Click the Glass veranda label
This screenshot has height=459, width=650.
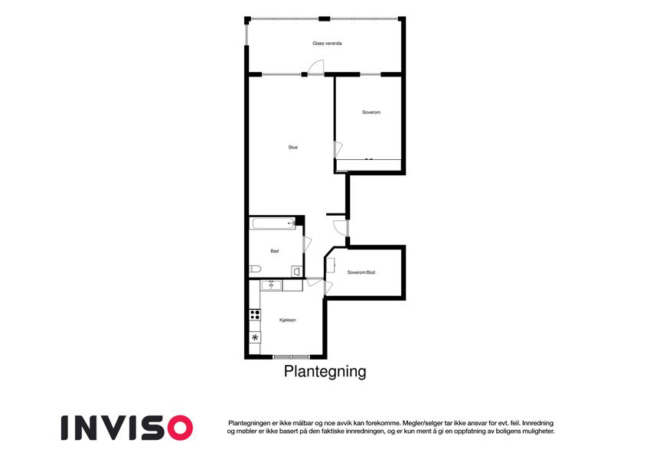point(327,43)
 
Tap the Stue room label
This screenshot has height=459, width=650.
point(293,147)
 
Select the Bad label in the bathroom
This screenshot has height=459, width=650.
point(274,251)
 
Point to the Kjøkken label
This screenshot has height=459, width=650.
point(288,321)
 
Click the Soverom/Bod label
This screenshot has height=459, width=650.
point(361,272)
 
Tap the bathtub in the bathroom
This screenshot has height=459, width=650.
point(273,223)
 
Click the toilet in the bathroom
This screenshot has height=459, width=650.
point(255,269)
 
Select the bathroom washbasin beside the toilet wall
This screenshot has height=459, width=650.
point(297,272)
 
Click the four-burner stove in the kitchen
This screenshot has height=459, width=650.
point(255,314)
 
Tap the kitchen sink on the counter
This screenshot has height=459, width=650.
point(271,285)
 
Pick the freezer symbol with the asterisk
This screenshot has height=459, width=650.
point(255,337)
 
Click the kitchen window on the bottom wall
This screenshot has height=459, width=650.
point(291,356)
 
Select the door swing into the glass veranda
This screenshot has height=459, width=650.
point(317,67)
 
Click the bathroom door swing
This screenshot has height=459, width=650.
point(307,244)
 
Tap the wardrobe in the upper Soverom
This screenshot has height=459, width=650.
point(368,165)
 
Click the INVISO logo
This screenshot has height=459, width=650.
point(127,428)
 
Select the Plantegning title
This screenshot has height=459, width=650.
point(325,371)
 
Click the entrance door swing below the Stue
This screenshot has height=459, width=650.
point(341,228)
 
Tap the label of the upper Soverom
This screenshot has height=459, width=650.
point(371,112)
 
